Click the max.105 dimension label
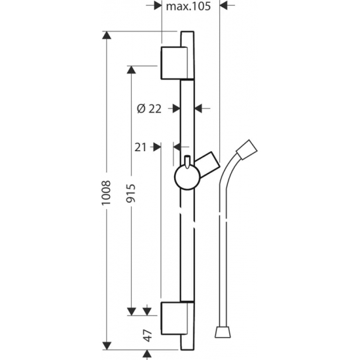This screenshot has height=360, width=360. pyautogui.click(x=188, y=6)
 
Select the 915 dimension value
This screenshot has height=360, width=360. pyautogui.click(x=132, y=193)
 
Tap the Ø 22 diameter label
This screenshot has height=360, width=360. pyautogui.click(x=149, y=109)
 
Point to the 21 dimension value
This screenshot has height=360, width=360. pyautogui.click(x=140, y=147)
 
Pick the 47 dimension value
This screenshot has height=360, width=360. pyautogui.click(x=147, y=335)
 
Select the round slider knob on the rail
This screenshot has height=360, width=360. pyautogui.click(x=187, y=177)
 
